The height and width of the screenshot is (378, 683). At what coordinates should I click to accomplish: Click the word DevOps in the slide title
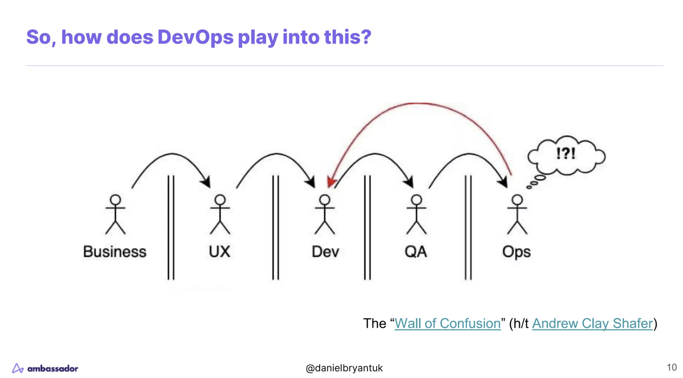coord(195,37)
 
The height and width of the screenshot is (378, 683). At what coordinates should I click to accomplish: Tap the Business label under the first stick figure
coord(115,252)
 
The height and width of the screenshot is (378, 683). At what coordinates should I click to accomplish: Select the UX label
coord(219,252)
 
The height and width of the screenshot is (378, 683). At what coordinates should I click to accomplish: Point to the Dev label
coord(325,252)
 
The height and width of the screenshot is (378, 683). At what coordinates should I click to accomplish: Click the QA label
coord(416,252)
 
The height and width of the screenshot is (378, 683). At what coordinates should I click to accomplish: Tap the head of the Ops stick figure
coord(517,200)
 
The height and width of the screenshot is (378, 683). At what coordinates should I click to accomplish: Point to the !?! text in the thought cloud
coord(566,153)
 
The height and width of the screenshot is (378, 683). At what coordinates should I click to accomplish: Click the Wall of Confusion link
coord(447,323)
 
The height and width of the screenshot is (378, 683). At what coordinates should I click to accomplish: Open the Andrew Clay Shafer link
coord(593,323)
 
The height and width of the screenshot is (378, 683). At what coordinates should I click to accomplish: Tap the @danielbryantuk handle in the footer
coord(344,368)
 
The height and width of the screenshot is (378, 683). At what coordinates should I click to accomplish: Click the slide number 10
coord(671,367)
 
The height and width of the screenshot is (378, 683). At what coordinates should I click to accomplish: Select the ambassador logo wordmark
coord(53,368)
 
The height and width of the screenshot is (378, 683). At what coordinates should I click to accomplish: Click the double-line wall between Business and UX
coord(171,227)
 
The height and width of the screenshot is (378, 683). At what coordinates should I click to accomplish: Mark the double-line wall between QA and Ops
coord(468,227)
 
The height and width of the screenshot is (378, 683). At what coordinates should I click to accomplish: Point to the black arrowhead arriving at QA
coord(409,182)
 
